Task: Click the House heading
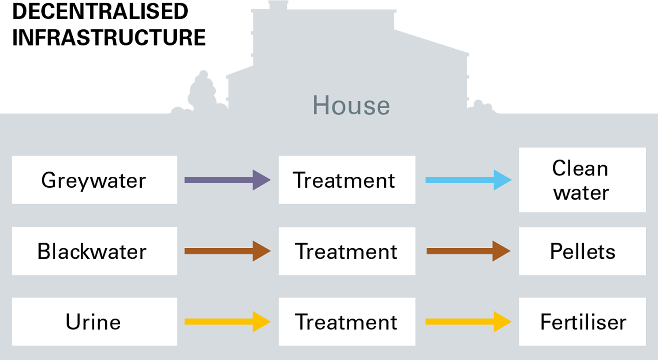(x=351, y=106)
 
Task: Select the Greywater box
(x=94, y=180)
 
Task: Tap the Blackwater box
(x=94, y=251)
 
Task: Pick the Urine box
(x=94, y=321)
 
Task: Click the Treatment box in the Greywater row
(x=347, y=180)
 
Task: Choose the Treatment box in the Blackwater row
(x=347, y=251)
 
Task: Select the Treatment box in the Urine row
(x=347, y=321)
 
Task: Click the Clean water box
(x=582, y=180)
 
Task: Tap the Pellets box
(x=582, y=251)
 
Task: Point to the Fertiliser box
(x=582, y=321)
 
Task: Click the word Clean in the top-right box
(x=580, y=168)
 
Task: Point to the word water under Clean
(x=581, y=193)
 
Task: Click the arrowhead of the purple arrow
(x=261, y=180)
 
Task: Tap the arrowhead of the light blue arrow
(x=502, y=180)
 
